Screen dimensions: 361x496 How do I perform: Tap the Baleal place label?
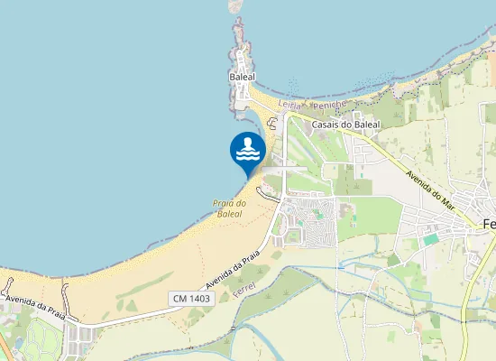tap(243, 78)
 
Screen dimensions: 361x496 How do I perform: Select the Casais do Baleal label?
tap(345, 125)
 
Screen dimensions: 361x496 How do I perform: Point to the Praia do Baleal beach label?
tap(229, 208)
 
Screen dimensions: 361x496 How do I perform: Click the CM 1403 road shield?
tap(188, 298)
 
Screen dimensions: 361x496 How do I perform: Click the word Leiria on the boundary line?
tap(289, 105)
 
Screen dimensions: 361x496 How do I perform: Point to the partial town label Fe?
tap(490, 224)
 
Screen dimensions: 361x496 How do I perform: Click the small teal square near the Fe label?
tap(431, 239)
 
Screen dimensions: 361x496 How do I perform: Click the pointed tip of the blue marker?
tap(248, 176)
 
